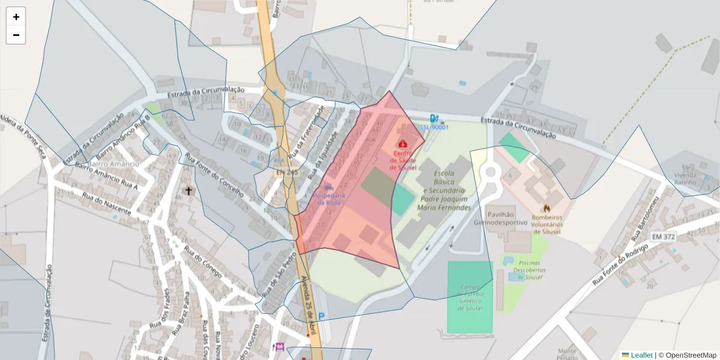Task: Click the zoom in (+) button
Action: point(16,17)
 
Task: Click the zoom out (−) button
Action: point(16,35)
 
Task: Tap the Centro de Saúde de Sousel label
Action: point(403,160)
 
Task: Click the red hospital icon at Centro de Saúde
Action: point(403,143)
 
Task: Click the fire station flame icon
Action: point(546,209)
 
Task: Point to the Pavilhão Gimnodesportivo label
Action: point(506,218)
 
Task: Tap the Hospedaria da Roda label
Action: point(329,199)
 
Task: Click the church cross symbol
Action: point(188,191)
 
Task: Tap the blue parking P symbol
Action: point(322,316)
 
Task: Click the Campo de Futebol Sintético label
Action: point(470,297)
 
